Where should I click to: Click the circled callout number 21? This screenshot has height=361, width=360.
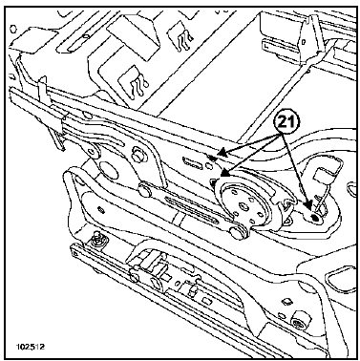coord(286,122)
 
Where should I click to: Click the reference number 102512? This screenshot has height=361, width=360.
coord(31,347)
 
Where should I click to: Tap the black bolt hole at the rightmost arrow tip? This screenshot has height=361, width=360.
coord(315,217)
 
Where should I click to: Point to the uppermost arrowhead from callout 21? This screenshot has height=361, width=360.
coord(223,153)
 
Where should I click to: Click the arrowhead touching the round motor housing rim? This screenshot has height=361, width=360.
coord(224,173)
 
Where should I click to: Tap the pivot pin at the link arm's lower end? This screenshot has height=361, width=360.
coord(240,232)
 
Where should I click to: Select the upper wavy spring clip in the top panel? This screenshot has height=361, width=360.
coord(183,38)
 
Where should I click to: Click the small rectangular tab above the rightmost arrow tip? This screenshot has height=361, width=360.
coord(320,176)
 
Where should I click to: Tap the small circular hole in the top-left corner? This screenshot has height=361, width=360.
coord(13,30)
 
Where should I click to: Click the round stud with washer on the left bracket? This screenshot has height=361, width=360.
coord(138,153)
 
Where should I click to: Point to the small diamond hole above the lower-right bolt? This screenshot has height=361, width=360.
coord(287,301)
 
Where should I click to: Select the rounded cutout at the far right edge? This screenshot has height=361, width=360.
coord(350,187)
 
